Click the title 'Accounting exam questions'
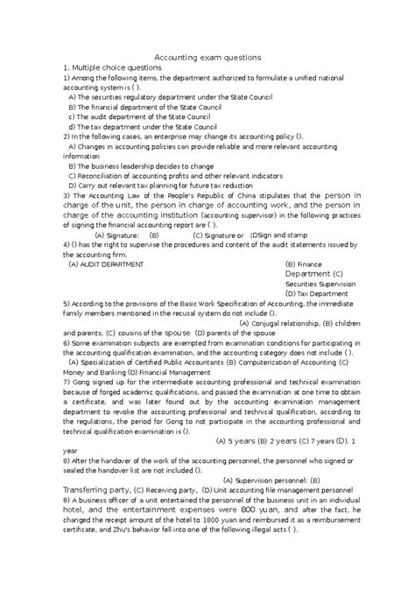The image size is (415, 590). coord(207,57)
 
